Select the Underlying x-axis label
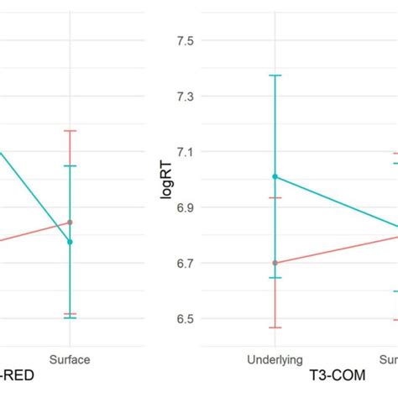pyautogui.click(x=275, y=359)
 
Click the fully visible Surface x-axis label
pyautogui.click(x=71, y=359)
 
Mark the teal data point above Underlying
pyautogui.click(x=275, y=176)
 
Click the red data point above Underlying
pyautogui.click(x=275, y=263)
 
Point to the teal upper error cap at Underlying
pyautogui.click(x=275, y=76)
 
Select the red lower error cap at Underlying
pyautogui.click(x=275, y=327)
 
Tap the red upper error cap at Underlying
pyautogui.click(x=275, y=198)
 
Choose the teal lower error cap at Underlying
pyautogui.click(x=275, y=278)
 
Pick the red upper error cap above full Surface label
pyautogui.click(x=71, y=131)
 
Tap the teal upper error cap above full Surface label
pyautogui.click(x=71, y=166)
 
